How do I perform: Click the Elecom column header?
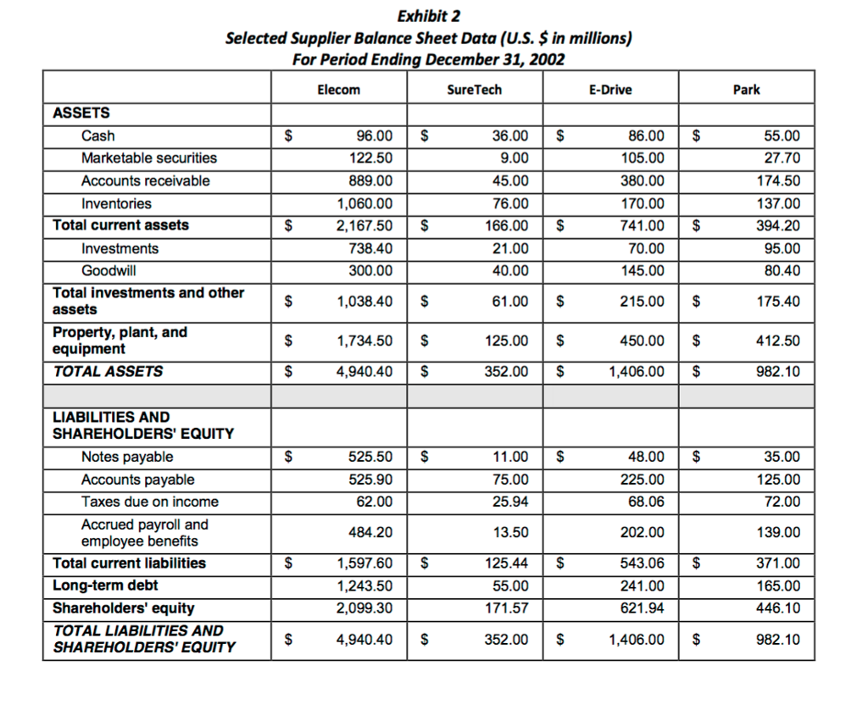(338, 90)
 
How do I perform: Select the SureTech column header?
(474, 90)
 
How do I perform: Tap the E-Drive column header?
(609, 90)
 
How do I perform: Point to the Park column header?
(746, 90)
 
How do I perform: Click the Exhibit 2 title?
(428, 16)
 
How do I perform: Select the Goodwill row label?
(108, 271)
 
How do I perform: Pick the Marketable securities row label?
(148, 158)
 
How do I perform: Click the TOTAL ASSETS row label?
(108, 371)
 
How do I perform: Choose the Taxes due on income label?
(149, 502)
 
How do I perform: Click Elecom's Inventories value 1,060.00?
(364, 203)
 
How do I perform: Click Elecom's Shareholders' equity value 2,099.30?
(364, 608)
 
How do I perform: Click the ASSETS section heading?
(81, 113)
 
